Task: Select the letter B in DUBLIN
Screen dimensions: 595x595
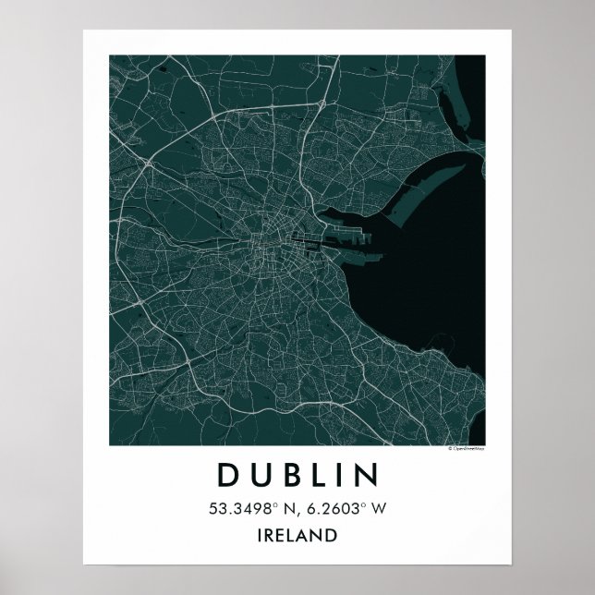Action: point(287,475)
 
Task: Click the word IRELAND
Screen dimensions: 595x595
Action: point(297,534)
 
